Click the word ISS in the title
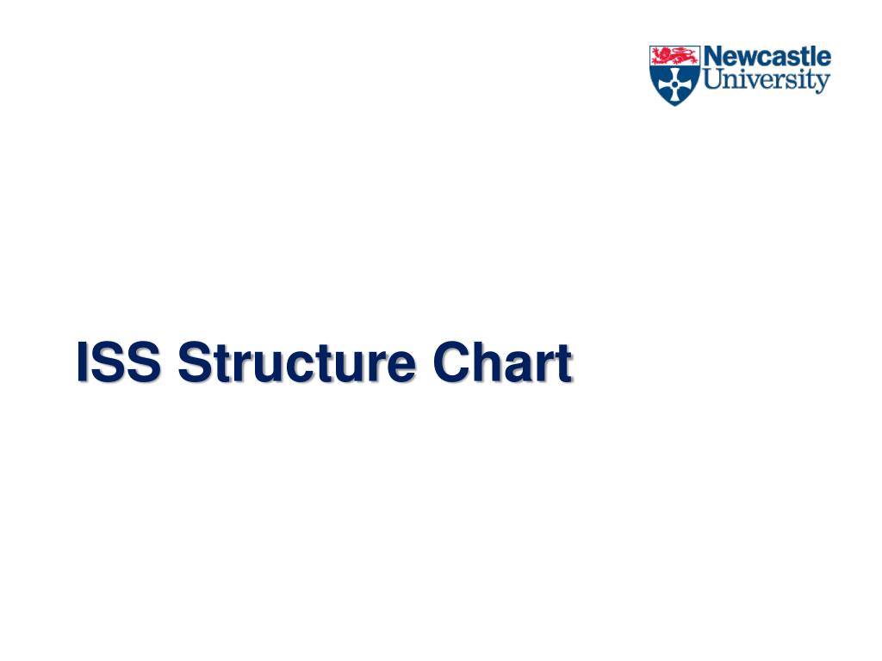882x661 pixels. (x=118, y=363)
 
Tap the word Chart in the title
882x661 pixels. (x=503, y=363)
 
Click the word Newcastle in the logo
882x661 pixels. (x=767, y=58)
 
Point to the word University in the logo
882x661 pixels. (x=767, y=82)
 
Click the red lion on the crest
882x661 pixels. (x=674, y=56)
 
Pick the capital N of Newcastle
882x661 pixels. (x=714, y=58)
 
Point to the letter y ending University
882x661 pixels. (x=824, y=83)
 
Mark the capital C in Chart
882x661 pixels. (x=451, y=363)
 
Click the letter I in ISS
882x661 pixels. (x=84, y=363)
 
